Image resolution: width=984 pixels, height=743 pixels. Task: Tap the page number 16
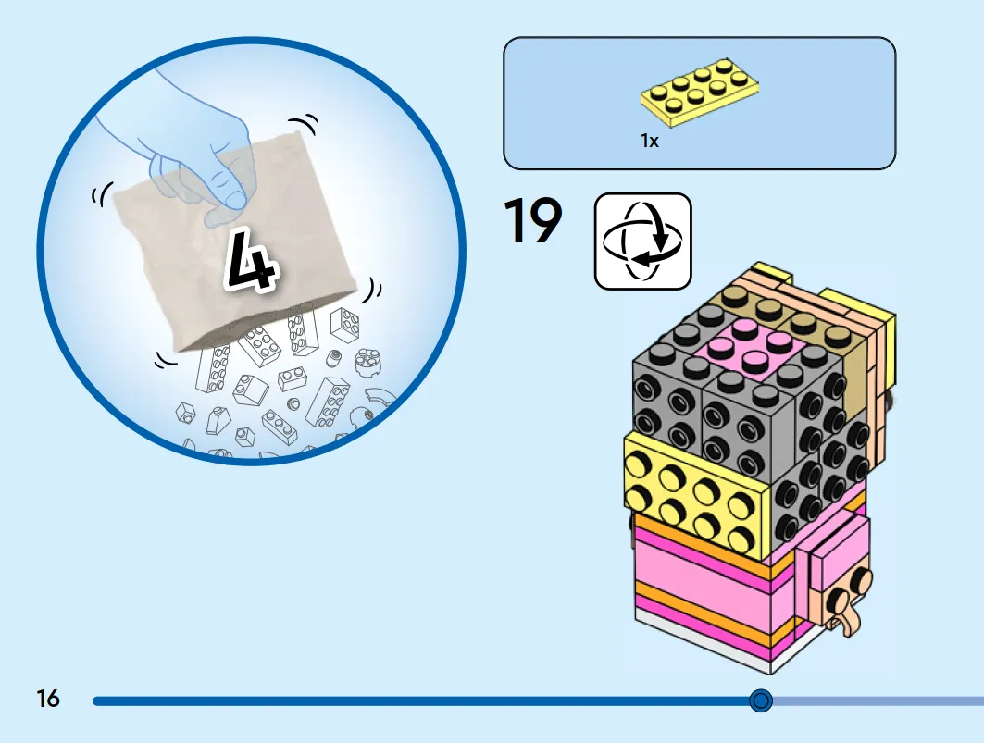point(48,699)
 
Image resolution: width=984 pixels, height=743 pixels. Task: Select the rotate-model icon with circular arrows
point(642,241)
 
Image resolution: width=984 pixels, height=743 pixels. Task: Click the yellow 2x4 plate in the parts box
point(700,93)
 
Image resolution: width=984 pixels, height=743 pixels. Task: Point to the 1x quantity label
point(650,142)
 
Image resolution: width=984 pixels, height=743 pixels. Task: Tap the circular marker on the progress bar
point(761,700)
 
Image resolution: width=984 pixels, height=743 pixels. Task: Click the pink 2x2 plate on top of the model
point(745,349)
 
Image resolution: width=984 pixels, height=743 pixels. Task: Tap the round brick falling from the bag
point(367,362)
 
